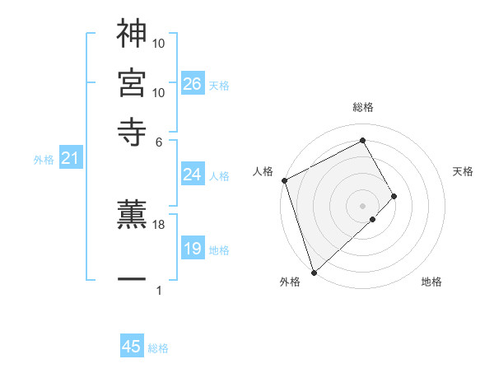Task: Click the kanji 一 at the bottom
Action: click(132, 279)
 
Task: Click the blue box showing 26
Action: click(192, 84)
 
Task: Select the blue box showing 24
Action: click(192, 175)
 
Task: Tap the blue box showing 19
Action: click(192, 249)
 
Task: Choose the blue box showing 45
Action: click(132, 347)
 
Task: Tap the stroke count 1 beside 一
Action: click(159, 290)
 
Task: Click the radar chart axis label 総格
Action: click(363, 107)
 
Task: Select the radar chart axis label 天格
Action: click(463, 171)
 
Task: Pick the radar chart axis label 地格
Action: click(431, 282)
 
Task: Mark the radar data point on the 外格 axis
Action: click(314, 271)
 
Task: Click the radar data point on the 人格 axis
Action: click(284, 180)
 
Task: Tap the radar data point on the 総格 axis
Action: click(363, 140)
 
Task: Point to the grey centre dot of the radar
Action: click(363, 205)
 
